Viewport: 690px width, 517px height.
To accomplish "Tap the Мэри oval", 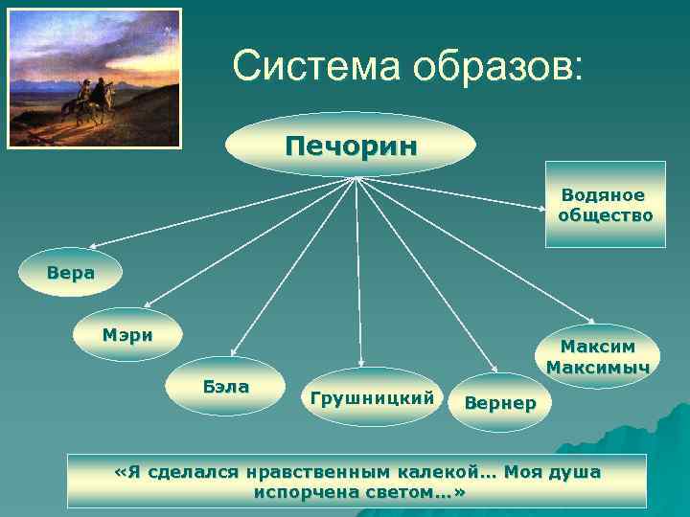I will pos(126,335).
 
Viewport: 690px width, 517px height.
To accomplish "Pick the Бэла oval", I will pos(226,387).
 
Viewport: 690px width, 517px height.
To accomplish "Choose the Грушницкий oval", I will pos(373,396).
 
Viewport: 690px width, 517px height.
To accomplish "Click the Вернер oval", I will pos(499,403).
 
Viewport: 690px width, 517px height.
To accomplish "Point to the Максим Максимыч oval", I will pos(597,356).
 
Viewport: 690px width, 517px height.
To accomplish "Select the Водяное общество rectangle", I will pos(605,205).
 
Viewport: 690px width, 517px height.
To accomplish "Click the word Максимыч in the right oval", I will pos(597,368).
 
